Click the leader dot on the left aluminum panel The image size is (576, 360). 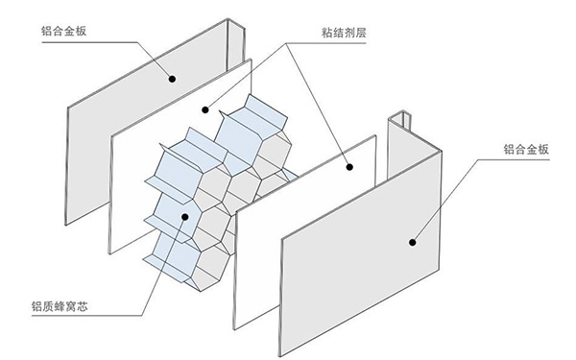(x=173, y=80)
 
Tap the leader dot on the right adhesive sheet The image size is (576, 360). (x=349, y=166)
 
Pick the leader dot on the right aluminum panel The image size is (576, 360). (x=413, y=243)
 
